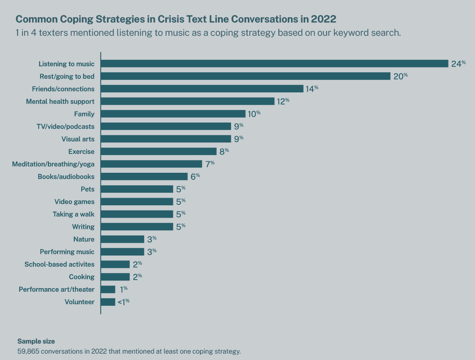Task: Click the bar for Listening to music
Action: [274, 63]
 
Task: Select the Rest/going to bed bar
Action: [245, 76]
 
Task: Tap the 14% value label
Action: [312, 89]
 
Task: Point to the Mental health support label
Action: [60, 101]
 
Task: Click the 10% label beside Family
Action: [254, 114]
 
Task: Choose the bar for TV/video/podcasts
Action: [166, 127]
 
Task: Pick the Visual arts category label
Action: [78, 139]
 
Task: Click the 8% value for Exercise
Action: [224, 151]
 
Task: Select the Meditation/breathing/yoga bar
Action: [151, 164]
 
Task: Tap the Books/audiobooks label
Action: [66, 176]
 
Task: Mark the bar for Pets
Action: [137, 189]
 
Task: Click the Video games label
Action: [74, 202]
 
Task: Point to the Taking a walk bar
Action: [137, 214]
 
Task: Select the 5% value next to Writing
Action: [181, 227]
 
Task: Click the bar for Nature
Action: [122, 239]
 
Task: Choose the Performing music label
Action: [67, 252]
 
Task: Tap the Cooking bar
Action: [115, 277]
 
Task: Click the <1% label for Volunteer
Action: [123, 301]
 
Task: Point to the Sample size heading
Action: [36, 341]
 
